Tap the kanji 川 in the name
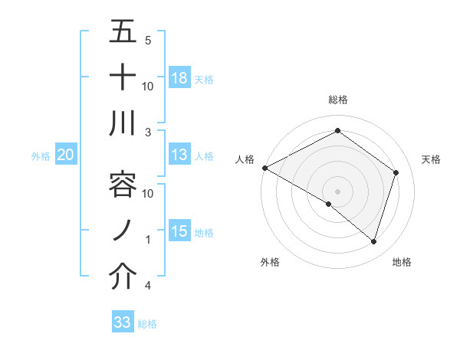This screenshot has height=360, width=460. [123, 123]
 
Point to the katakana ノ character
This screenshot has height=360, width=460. [123, 231]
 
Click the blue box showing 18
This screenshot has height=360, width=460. [179, 77]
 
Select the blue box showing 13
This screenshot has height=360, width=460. [179, 155]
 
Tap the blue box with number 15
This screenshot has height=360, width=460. [179, 231]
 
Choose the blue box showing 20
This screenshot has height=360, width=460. [66, 155]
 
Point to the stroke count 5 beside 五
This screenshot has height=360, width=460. [147, 40]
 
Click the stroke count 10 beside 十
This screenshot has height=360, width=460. [148, 86]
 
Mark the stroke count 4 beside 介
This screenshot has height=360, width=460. [147, 286]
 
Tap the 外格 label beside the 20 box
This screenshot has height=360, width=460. [41, 155]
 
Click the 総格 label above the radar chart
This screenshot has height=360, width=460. [337, 100]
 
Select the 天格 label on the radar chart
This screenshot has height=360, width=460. [431, 159]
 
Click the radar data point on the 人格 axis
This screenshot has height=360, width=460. [264, 168]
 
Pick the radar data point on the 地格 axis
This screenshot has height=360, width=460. [373, 241]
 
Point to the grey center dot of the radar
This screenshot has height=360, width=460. [337, 191]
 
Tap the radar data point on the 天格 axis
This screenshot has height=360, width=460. [396, 172]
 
